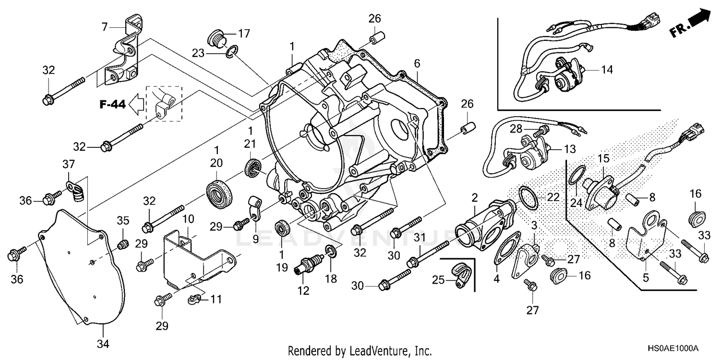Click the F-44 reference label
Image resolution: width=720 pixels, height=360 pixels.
pos(112,105)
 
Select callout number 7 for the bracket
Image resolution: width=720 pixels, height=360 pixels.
pos(105,27)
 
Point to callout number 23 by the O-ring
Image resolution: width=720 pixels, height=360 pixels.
pos(212,54)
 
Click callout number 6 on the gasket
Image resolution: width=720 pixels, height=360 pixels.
pos(417,63)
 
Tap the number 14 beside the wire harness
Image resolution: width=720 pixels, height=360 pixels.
pos(607,70)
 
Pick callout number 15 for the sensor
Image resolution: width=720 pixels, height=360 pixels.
pos(603,157)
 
